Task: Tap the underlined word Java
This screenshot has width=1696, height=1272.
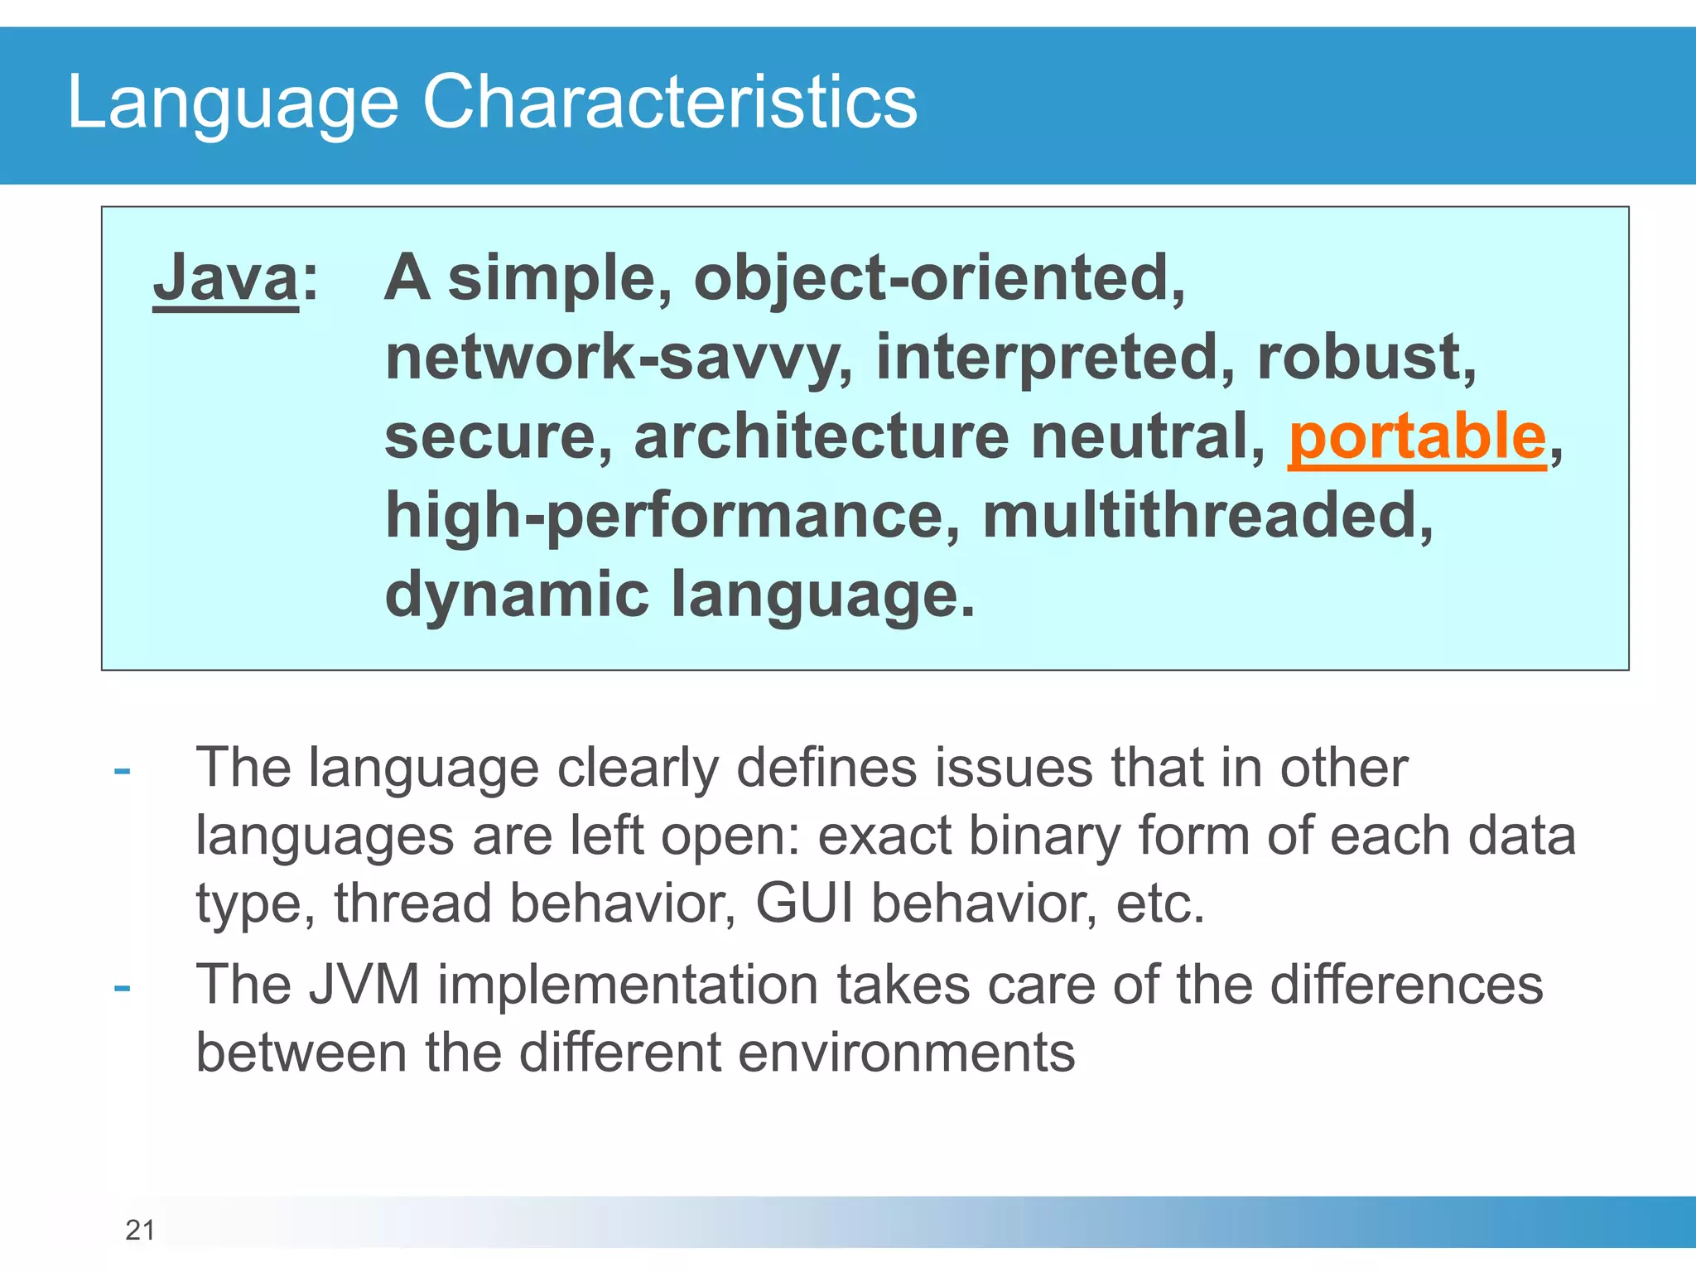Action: click(225, 279)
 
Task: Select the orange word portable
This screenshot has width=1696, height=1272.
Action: click(1417, 438)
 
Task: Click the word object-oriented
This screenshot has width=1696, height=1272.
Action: click(938, 279)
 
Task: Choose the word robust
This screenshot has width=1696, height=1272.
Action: click(1364, 357)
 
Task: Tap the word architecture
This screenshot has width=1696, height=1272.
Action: click(821, 436)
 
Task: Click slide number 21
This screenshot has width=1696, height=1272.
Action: click(140, 1230)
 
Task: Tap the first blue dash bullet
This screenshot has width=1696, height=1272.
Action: click(123, 771)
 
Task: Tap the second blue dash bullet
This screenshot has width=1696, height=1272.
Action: click(123, 988)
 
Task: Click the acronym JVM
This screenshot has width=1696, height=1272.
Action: click(364, 985)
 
